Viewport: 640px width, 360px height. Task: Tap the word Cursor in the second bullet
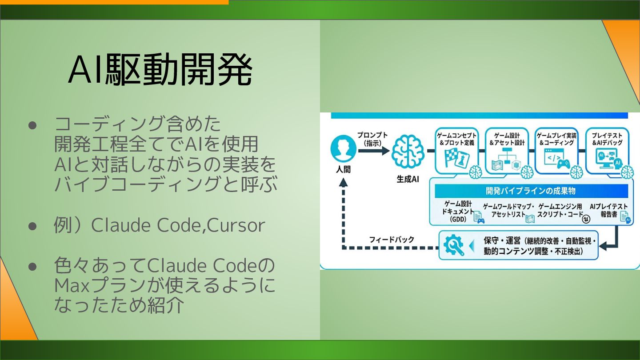click(236, 226)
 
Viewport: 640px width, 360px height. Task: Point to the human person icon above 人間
click(344, 149)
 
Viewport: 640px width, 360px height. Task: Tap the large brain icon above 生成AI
click(406, 152)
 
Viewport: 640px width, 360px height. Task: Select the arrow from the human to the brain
click(374, 151)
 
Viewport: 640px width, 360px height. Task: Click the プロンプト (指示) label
click(372, 139)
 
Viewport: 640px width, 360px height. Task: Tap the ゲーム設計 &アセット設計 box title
click(507, 139)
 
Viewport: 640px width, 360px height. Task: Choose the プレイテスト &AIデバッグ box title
click(607, 139)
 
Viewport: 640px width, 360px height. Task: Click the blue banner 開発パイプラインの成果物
click(531, 191)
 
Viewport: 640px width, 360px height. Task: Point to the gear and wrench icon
click(453, 245)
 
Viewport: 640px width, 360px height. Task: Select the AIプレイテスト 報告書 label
click(608, 210)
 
